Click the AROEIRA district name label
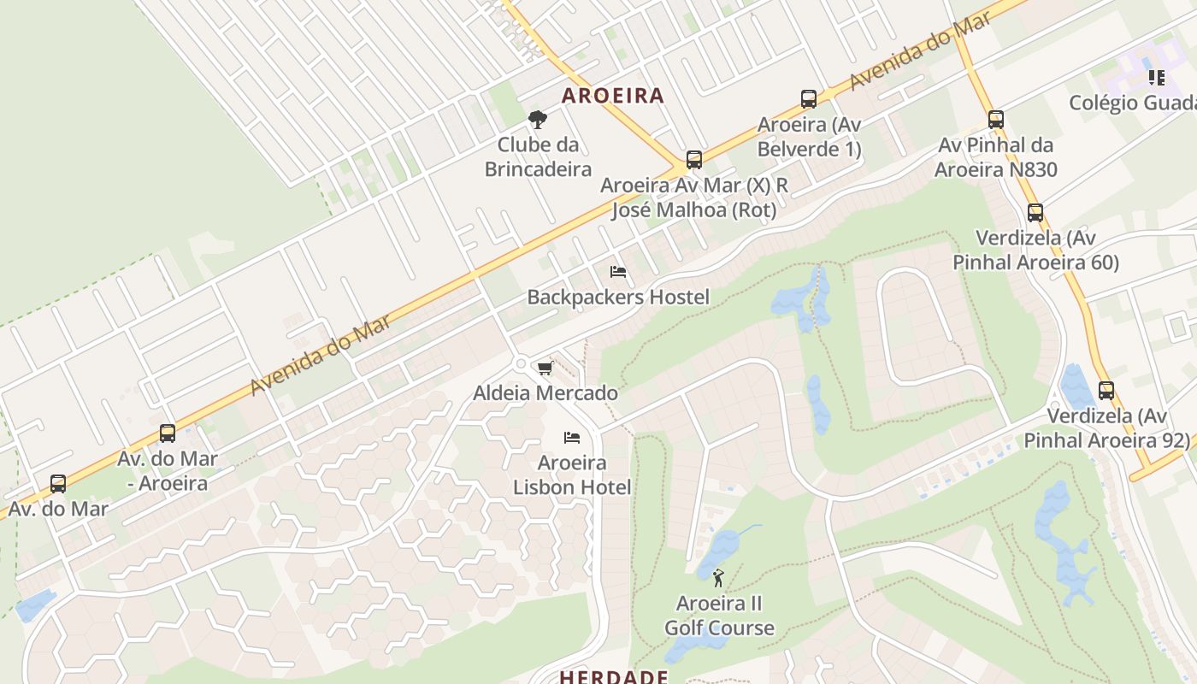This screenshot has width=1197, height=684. [613, 95]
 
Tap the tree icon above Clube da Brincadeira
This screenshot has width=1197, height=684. [537, 119]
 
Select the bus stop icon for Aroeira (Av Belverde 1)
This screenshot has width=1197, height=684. [809, 99]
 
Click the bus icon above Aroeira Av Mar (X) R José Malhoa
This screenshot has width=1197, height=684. [694, 160]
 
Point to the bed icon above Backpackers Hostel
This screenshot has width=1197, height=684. [618, 272]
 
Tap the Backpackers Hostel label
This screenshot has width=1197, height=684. [618, 298]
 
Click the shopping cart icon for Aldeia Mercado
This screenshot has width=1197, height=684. [545, 368]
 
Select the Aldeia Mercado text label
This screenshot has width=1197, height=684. [545, 393]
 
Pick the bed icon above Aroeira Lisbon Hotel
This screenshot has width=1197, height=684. [572, 438]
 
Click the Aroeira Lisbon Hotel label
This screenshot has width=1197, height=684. [572, 475]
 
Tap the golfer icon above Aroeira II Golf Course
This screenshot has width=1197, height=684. [717, 578]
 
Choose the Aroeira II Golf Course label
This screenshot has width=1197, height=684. [719, 616]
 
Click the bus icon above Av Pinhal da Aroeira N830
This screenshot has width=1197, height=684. [995, 120]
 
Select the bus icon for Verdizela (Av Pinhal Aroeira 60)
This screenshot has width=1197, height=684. [1035, 213]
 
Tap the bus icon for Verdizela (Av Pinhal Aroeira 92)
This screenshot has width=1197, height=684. [1106, 392]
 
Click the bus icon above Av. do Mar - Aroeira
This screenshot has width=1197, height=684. [168, 433]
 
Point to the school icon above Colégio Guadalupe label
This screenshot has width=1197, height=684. [1157, 79]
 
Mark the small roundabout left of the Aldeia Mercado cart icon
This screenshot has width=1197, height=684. [520, 364]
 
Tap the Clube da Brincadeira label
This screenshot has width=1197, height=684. [538, 156]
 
